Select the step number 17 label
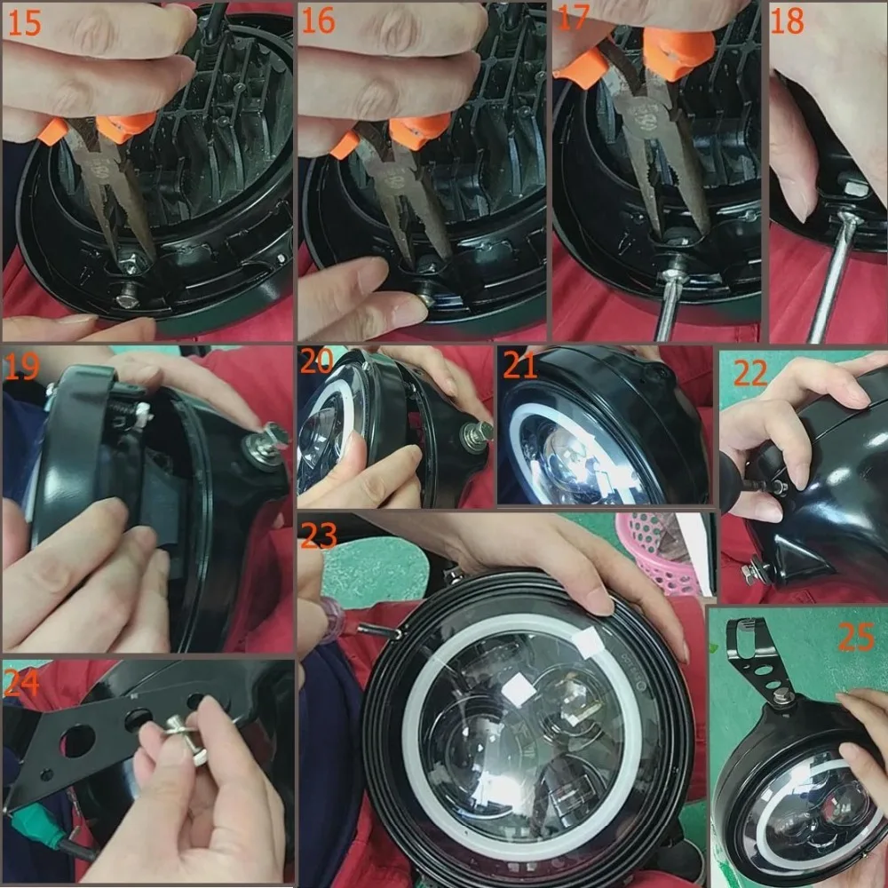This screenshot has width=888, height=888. coord(573,20)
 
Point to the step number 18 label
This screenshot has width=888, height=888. coord(787,21)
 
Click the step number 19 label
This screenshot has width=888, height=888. coord(22,366)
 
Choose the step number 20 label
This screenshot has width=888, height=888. coord(316,362)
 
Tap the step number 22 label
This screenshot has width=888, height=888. coord(750,372)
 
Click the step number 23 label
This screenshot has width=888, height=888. coord(319,535)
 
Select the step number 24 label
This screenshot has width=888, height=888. coord(22,681)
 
